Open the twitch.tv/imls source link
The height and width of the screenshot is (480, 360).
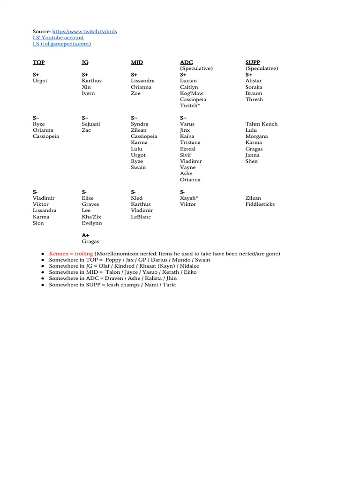pyautogui.click(x=84, y=31)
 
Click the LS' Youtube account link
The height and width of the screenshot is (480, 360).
pyautogui.click(x=58, y=37)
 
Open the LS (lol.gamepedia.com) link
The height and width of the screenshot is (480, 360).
pyautogui.click(x=61, y=44)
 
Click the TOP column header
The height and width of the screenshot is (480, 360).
pyautogui.click(x=38, y=62)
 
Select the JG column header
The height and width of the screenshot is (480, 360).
pyautogui.click(x=85, y=62)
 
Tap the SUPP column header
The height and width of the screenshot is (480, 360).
pyautogui.click(x=252, y=62)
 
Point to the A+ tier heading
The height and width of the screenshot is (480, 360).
pyautogui.click(x=85, y=235)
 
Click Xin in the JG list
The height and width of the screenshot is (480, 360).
pyautogui.click(x=86, y=87)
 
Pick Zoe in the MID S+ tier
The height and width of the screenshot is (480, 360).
pyautogui.click(x=135, y=93)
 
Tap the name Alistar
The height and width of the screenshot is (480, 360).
pyautogui.click(x=254, y=81)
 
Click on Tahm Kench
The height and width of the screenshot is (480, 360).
pyautogui.click(x=261, y=124)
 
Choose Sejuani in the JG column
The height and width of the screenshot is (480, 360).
pyautogui.click(x=91, y=124)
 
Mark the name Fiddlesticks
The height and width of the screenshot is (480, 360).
pyautogui.click(x=260, y=204)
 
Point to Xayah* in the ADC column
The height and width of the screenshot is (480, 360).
pyautogui.click(x=189, y=198)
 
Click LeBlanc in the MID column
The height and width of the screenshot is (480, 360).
pyautogui.click(x=141, y=217)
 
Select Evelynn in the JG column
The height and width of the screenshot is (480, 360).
pyautogui.click(x=92, y=223)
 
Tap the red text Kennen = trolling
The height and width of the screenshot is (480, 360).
pyautogui.click(x=71, y=254)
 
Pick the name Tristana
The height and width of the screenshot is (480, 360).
pyautogui.click(x=190, y=142)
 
